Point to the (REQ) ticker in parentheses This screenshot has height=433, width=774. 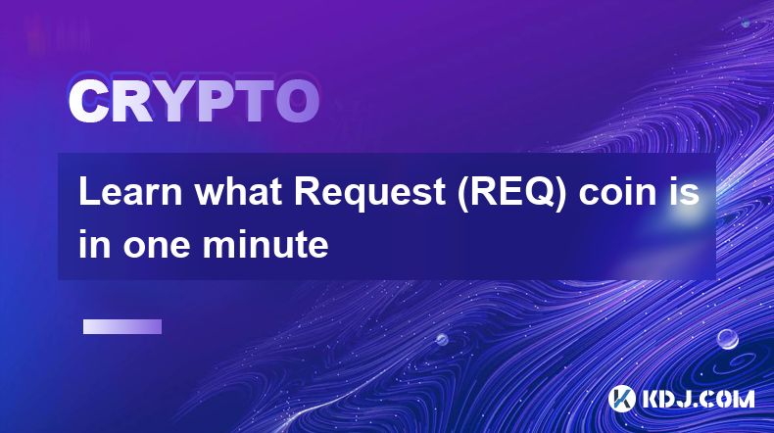[x=511, y=194]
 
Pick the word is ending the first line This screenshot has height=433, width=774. [x=685, y=192]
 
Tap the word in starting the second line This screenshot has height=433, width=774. [x=95, y=244]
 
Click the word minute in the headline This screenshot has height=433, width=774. [x=266, y=244]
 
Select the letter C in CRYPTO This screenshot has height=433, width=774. [x=88, y=102]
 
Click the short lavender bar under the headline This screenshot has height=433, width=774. [x=122, y=327]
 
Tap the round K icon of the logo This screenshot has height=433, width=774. [x=622, y=399]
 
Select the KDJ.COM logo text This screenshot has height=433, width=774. [x=698, y=399]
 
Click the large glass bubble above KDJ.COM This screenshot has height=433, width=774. [x=728, y=339]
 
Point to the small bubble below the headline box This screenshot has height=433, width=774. [x=442, y=339]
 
